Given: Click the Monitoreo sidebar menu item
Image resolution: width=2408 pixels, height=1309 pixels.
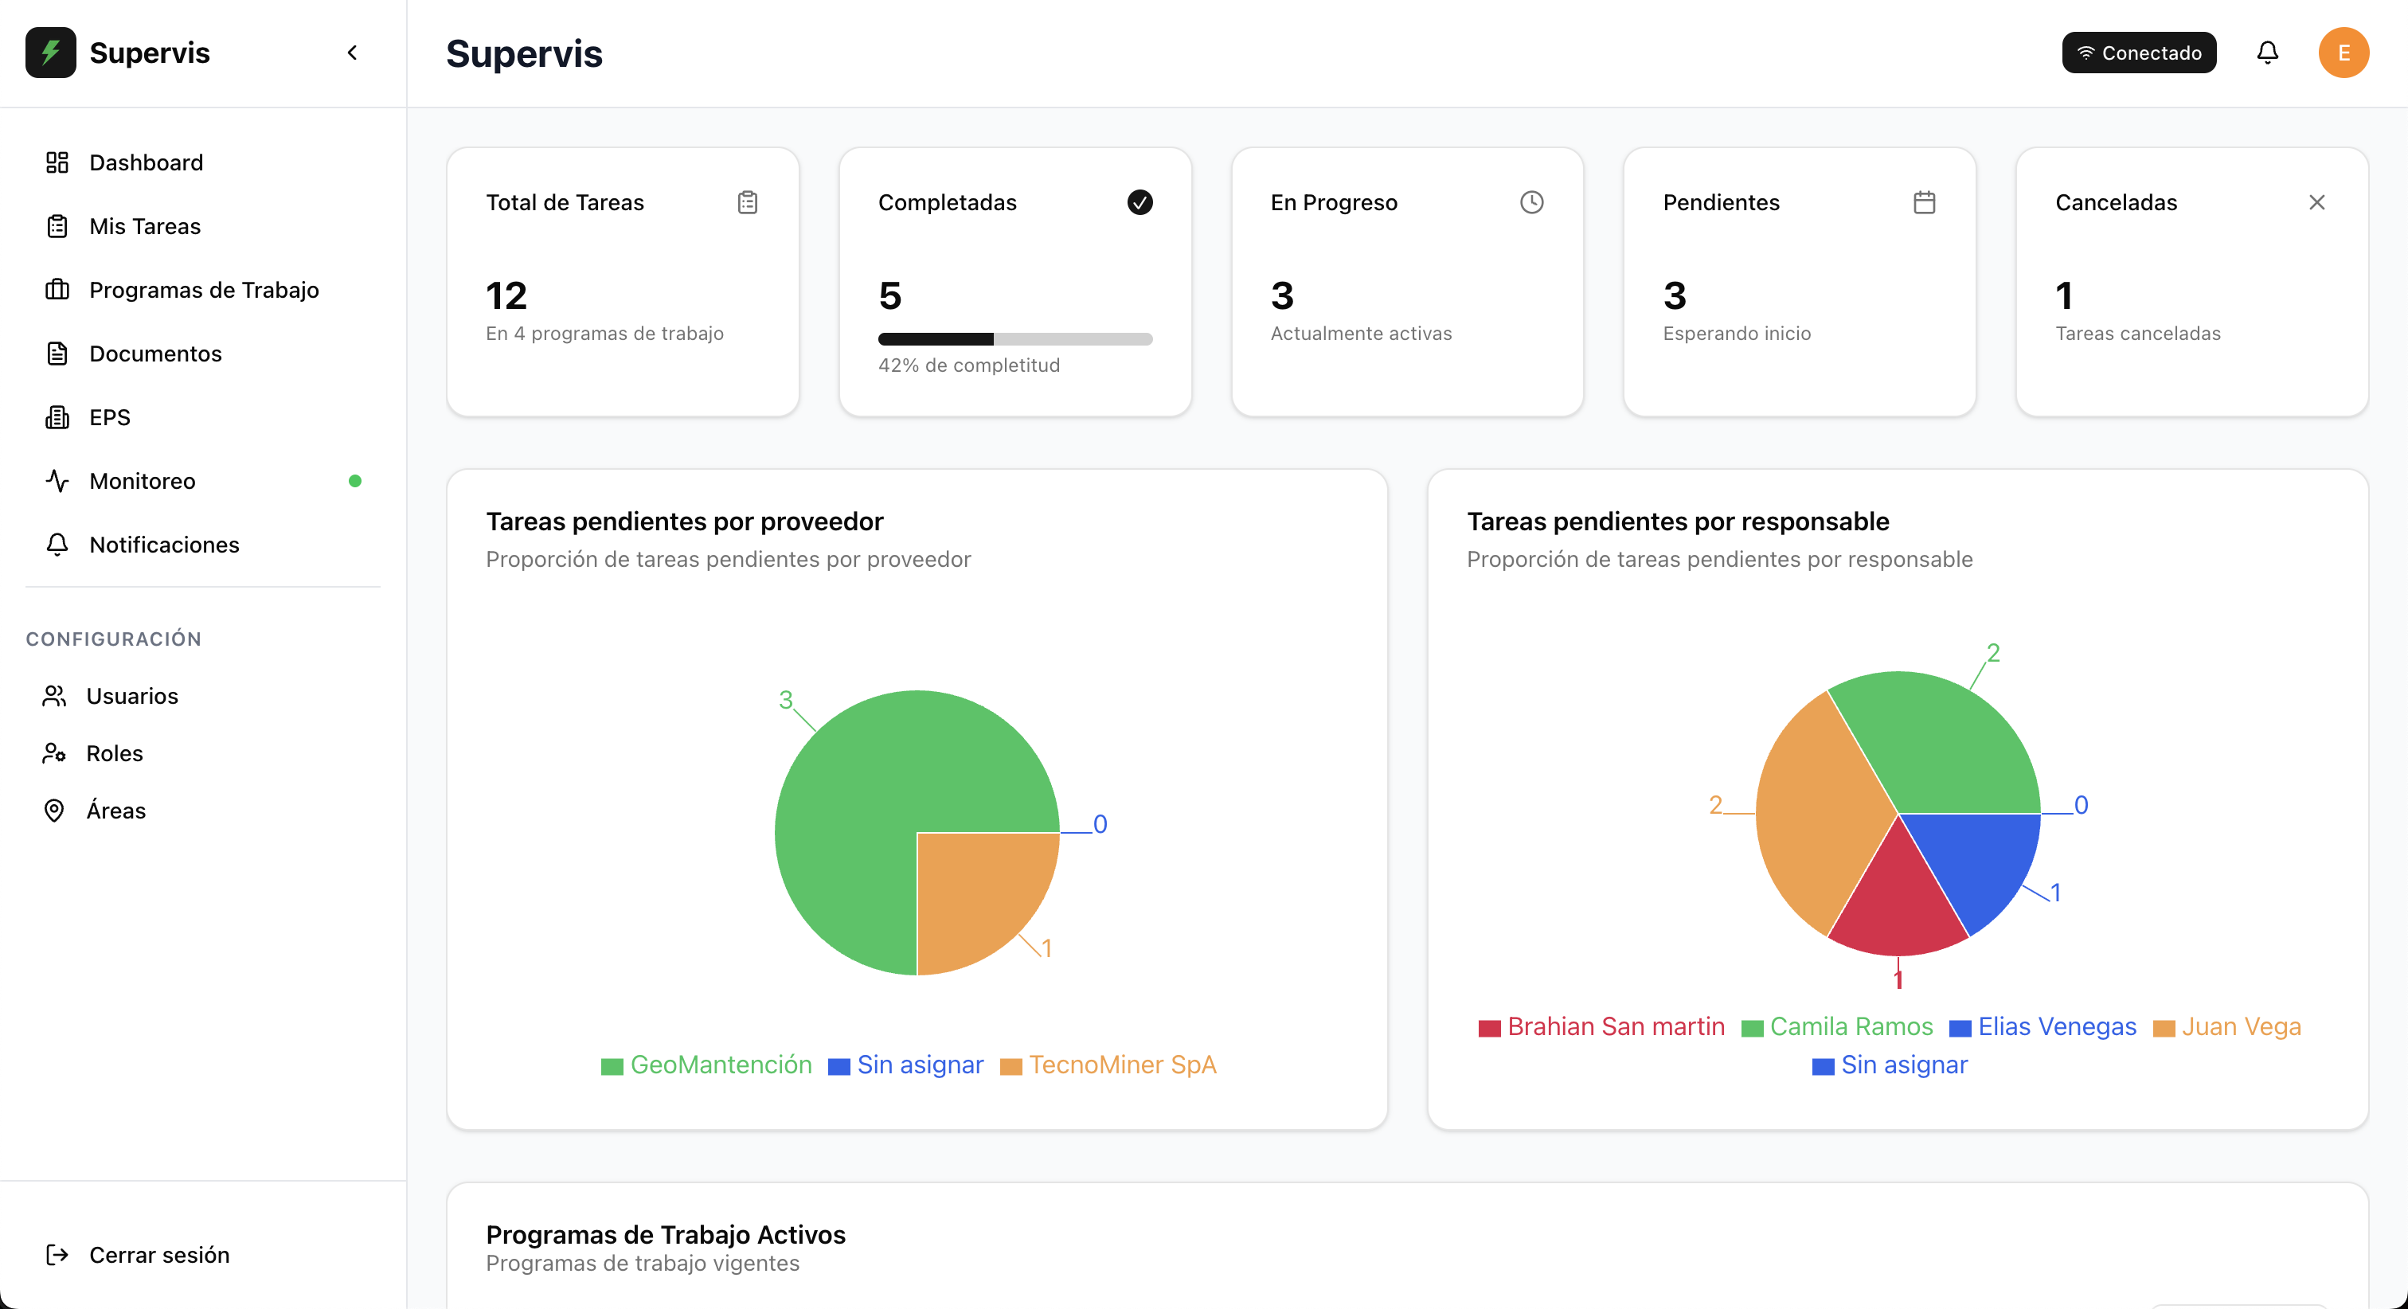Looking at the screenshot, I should tap(142, 481).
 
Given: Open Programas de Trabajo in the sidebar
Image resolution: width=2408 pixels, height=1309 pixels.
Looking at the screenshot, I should tap(204, 290).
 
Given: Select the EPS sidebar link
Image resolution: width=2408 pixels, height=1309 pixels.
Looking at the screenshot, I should tap(109, 417).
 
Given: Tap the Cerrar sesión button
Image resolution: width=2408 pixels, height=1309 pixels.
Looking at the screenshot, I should tap(159, 1255).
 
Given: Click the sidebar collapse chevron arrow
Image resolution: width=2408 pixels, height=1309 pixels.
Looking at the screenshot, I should tap(353, 53).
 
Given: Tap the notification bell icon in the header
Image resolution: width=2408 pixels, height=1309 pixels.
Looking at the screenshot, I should tap(2268, 53).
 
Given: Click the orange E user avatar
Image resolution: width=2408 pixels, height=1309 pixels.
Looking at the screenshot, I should tap(2343, 53).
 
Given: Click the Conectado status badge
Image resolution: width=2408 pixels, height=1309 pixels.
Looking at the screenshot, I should tap(2139, 53).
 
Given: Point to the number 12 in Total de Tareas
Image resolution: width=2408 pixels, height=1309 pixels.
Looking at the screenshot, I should tap(506, 295).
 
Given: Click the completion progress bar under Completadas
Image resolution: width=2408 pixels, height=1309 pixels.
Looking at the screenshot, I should tap(1015, 338).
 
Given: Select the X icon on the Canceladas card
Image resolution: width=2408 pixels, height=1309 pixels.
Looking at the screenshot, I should tap(2316, 202).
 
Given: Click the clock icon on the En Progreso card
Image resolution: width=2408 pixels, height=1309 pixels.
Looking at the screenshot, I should tap(1531, 202).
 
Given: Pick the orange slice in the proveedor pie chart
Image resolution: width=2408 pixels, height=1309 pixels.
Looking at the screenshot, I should tap(977, 893).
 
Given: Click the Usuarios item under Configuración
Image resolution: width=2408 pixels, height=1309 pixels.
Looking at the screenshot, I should tap(132, 696).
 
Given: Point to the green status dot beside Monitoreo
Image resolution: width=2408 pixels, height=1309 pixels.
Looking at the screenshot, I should tap(355, 481).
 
